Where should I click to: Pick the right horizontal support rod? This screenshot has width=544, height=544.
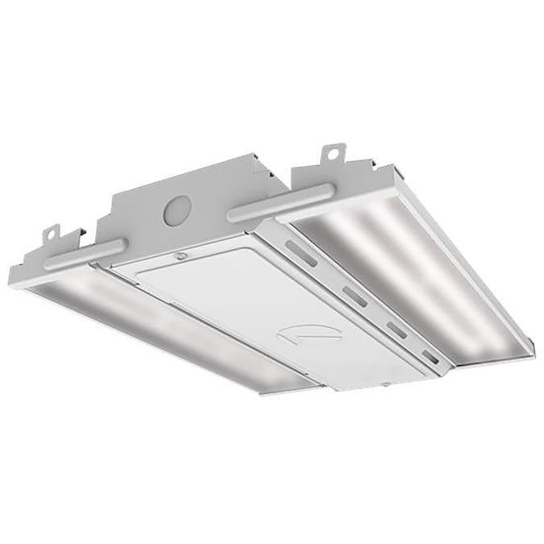280,202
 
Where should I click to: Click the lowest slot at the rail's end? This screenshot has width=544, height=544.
430,355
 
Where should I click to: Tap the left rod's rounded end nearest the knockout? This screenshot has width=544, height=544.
120,243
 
